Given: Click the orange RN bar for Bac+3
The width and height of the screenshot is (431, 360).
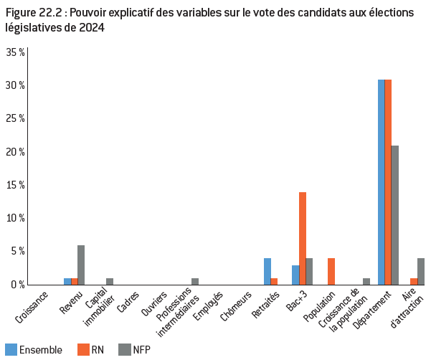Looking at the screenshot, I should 303,238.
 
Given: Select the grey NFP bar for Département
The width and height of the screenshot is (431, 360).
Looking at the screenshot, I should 395,215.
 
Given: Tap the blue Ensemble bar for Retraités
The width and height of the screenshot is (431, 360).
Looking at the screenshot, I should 267,271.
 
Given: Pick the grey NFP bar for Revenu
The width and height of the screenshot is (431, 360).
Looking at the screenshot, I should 81,265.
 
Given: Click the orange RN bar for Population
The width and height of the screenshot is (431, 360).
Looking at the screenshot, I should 331,271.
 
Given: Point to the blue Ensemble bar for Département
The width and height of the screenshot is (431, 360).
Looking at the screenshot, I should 382,182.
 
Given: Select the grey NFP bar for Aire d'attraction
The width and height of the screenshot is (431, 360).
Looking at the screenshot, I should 421,271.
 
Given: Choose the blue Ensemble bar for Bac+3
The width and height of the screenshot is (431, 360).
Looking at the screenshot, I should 295,275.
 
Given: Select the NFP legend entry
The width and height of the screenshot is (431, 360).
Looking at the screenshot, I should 136,350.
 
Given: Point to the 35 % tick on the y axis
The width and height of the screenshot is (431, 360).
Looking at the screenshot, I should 16,52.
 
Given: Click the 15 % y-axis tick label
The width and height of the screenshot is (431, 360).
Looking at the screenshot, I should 16,185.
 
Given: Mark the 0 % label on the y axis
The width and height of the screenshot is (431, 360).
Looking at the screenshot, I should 18,285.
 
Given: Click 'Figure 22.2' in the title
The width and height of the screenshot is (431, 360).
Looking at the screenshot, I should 32,11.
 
